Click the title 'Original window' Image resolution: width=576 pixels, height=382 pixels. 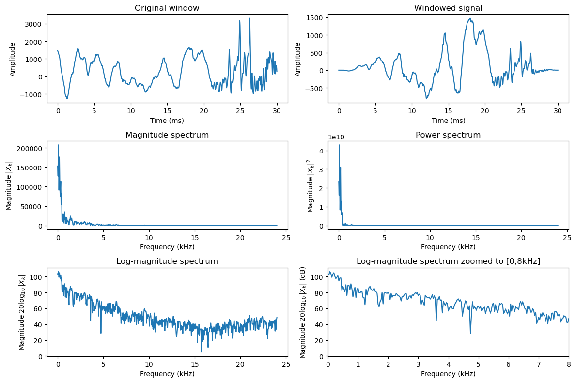[x=167, y=8]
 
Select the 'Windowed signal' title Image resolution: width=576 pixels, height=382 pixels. [x=448, y=8]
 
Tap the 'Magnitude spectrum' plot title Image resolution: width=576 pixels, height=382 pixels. [x=167, y=135]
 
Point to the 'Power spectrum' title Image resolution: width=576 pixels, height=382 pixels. [x=448, y=135]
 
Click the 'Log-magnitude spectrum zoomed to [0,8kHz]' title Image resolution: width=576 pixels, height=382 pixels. [x=448, y=261]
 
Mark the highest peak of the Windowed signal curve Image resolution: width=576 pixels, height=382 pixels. [x=470, y=19]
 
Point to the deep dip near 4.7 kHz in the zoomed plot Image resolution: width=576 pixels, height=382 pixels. [x=470, y=333]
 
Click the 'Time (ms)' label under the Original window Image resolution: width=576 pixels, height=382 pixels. [x=167, y=121]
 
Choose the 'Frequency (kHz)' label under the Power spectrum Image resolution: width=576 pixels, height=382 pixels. [x=448, y=247]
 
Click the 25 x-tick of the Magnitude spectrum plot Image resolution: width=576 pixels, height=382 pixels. [x=286, y=238]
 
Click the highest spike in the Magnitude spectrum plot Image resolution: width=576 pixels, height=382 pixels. [x=59, y=145]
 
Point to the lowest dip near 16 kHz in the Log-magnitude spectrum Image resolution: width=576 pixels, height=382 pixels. [x=202, y=352]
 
